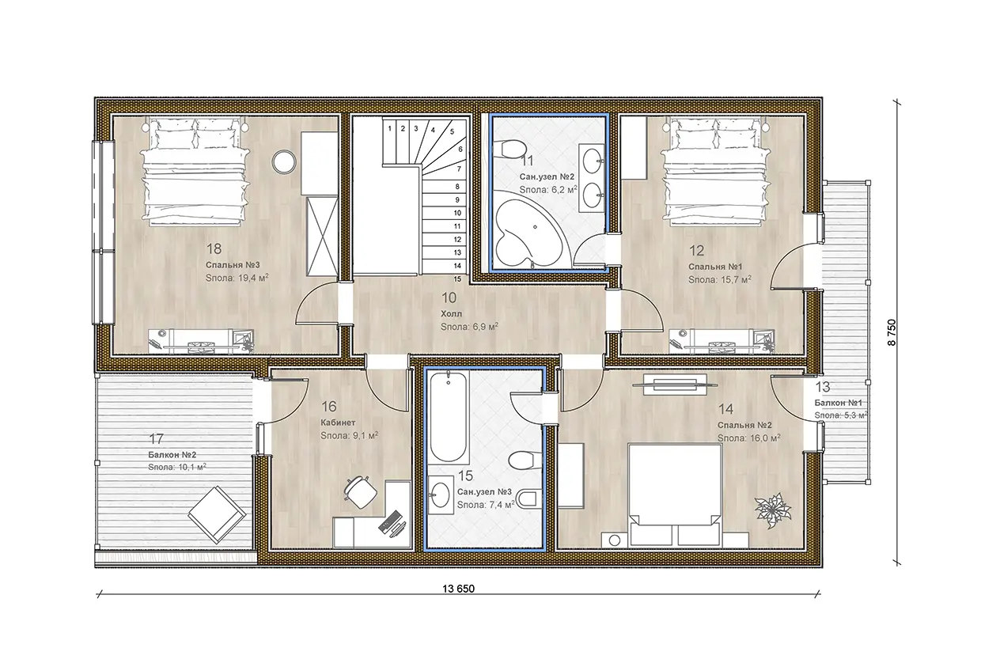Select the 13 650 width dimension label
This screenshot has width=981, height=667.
point(459,589)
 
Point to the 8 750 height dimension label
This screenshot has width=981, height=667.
point(892,332)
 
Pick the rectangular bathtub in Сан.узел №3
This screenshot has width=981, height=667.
point(447,416)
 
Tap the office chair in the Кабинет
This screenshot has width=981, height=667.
point(361,492)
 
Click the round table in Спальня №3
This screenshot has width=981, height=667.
point(284,162)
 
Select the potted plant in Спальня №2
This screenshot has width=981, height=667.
point(772,510)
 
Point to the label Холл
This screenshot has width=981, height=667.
point(451,314)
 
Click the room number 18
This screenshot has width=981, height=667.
point(214,248)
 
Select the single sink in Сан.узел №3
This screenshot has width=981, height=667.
point(440,495)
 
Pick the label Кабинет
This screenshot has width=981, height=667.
point(338,423)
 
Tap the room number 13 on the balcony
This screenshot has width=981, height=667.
point(823,387)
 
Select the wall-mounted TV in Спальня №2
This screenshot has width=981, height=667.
point(676,384)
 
